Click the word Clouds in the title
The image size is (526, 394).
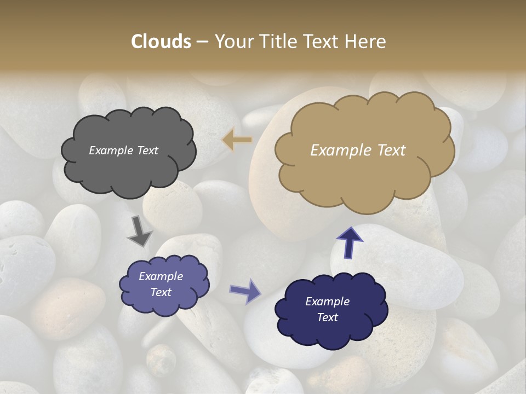click(x=161, y=42)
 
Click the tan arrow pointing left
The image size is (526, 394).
click(x=237, y=140)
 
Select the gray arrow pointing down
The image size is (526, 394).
click(x=139, y=232)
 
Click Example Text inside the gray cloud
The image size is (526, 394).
click(x=123, y=150)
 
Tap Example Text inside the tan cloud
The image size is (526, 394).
click(x=358, y=150)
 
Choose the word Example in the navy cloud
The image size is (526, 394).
click(x=327, y=302)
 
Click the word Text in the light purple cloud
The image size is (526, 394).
click(x=161, y=292)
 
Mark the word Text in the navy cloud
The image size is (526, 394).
click(x=327, y=317)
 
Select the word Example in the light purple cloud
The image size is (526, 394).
click(x=161, y=276)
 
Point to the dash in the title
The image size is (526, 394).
click(x=202, y=42)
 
